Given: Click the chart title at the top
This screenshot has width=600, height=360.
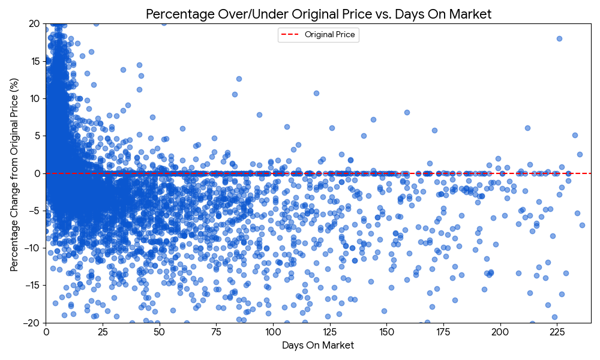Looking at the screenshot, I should [318, 14].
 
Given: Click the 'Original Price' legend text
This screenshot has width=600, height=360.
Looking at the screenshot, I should [330, 35].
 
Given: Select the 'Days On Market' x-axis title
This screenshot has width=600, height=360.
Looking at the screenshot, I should [318, 346].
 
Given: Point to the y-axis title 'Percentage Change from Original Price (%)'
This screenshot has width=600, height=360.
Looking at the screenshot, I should [14, 173].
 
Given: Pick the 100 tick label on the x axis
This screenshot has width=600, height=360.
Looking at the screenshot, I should [273, 331].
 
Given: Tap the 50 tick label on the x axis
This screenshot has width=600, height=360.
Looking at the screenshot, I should [160, 331].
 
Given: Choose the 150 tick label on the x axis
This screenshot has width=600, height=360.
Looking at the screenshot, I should [386, 331].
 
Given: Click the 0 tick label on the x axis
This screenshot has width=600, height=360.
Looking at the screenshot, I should [46, 331].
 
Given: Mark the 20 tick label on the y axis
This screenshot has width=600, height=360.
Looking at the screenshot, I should [34, 23].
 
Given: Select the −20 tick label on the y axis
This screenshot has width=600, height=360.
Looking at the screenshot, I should [32, 323].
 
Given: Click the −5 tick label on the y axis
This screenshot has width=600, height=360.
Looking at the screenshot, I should [34, 211].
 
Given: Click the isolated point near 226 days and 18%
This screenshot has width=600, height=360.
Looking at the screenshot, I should [559, 38].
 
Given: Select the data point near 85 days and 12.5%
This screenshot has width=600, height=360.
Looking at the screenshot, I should [239, 79].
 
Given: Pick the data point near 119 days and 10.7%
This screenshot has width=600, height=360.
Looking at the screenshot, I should [316, 93].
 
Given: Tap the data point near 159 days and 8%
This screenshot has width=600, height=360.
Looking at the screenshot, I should [407, 112].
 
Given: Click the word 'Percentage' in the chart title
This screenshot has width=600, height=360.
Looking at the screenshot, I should [175, 14].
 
